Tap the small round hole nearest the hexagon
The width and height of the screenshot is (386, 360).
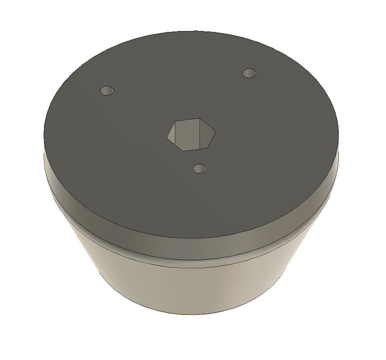(199, 169)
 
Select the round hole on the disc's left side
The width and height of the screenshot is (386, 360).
(106, 91)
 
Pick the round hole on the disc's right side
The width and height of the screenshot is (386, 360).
(249, 73)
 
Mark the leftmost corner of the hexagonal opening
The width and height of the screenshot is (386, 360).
(167, 133)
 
